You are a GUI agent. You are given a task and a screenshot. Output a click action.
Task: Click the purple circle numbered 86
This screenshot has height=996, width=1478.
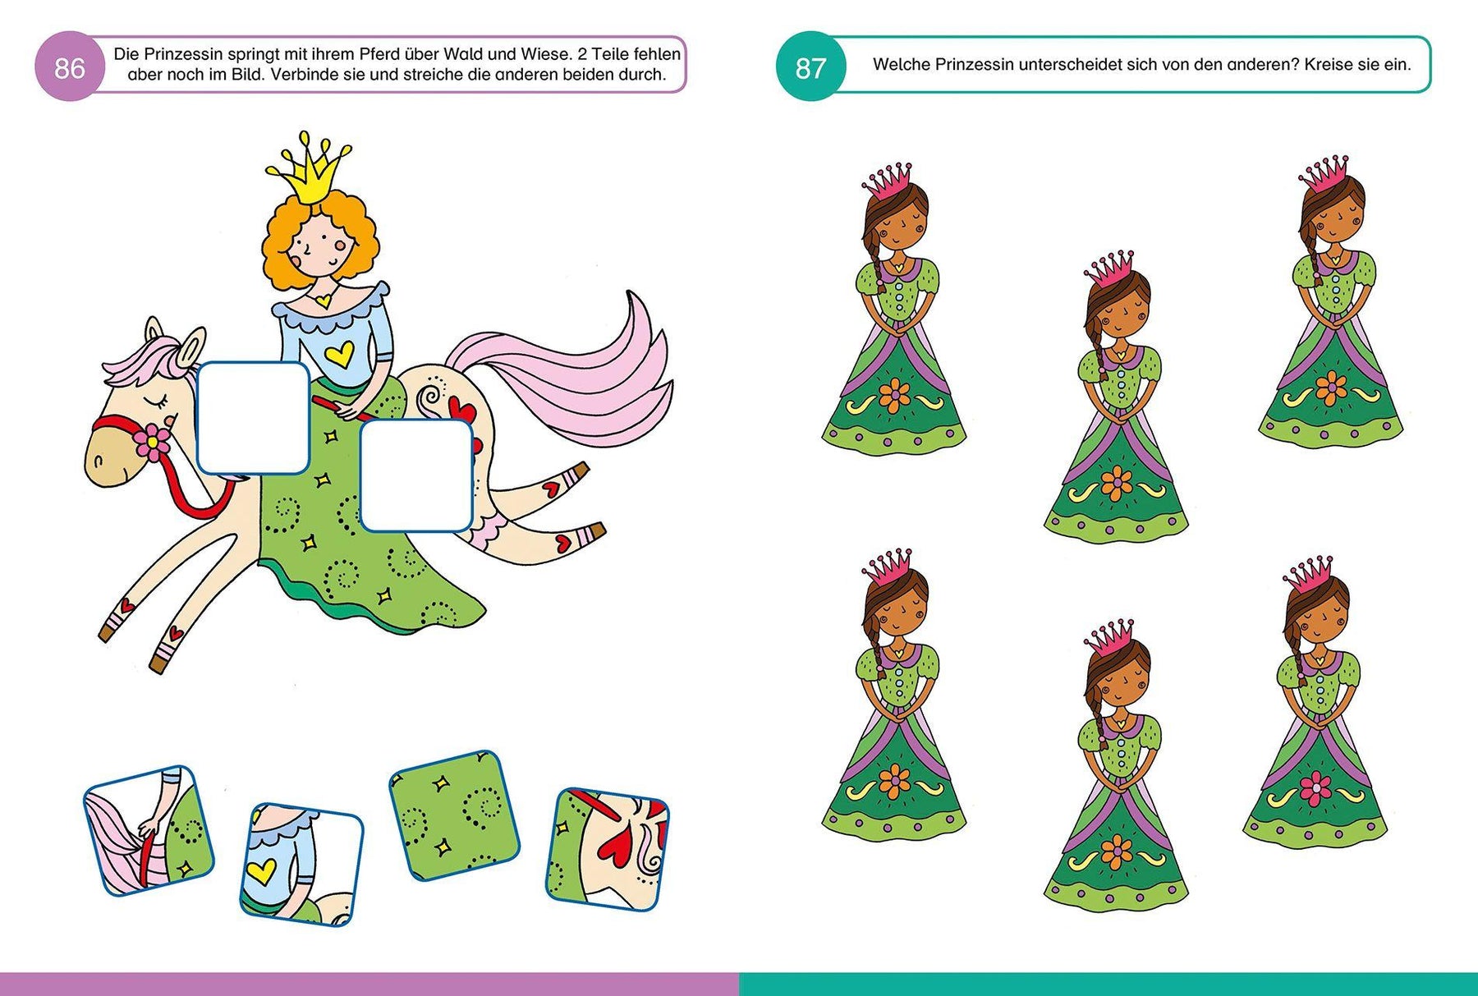pyautogui.click(x=70, y=67)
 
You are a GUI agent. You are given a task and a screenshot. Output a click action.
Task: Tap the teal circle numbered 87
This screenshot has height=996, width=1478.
pyautogui.click(x=810, y=67)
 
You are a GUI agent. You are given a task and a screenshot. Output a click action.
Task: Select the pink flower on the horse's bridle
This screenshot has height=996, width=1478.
pyautogui.click(x=153, y=442)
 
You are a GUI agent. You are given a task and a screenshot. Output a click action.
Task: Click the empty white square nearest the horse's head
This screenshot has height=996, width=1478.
pyautogui.click(x=254, y=418)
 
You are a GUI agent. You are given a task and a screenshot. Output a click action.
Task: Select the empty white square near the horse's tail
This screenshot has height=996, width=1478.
pyautogui.click(x=417, y=475)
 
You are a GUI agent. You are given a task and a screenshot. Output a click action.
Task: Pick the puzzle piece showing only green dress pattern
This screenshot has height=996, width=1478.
pyautogui.click(x=454, y=815)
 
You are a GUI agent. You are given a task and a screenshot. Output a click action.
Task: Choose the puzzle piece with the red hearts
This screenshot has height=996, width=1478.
pyautogui.click(x=608, y=848)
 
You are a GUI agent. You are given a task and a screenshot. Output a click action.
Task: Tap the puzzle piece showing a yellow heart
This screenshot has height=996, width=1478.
pyautogui.click(x=301, y=865)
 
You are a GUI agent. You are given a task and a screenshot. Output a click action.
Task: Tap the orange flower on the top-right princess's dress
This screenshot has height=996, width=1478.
pyautogui.click(x=1330, y=388)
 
